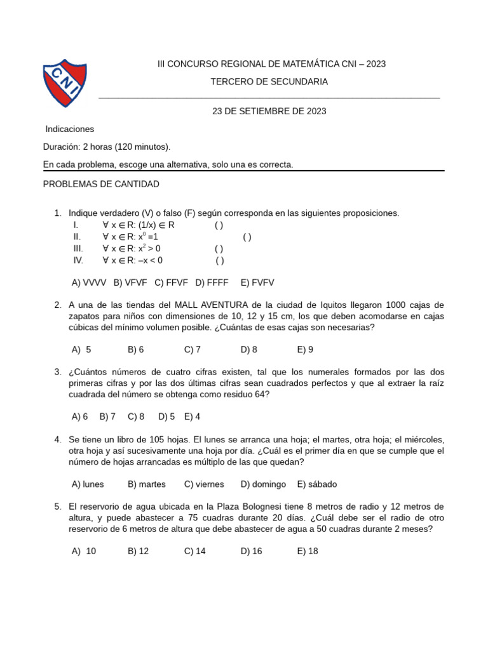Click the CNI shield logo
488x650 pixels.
coord(64,83)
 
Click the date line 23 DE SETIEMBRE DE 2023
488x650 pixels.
coord(269,111)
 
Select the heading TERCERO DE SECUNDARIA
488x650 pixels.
coord(269,82)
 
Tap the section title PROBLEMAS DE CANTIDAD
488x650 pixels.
coord(101,184)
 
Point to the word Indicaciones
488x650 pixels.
coord(70,129)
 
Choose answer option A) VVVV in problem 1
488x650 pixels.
coord(89,282)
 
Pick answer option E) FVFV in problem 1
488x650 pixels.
coord(257,282)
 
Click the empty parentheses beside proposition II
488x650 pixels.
coord(247,237)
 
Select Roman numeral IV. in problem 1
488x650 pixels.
coord(78,260)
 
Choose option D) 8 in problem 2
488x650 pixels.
coord(248,349)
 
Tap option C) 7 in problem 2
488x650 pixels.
coord(193,349)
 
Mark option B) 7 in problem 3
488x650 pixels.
coord(107,416)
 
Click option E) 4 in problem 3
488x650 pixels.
coord(192,416)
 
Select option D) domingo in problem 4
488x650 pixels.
coord(263,484)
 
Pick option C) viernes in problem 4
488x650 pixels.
coord(204,484)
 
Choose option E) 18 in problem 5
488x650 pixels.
coord(308,551)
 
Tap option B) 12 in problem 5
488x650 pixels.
coord(138,551)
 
